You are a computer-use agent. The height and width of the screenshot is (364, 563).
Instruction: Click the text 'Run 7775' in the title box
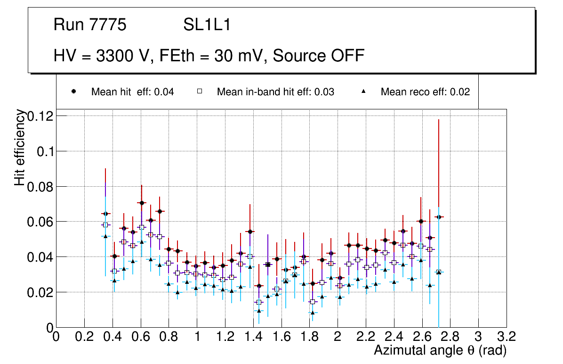point(90,25)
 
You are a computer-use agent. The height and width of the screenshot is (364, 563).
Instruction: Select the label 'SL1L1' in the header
point(207,25)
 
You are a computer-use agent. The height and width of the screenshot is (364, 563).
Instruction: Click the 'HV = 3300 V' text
point(103,56)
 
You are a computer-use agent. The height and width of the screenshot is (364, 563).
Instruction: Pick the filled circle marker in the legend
point(73,92)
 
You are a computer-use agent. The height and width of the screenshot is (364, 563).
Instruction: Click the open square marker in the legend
point(199,92)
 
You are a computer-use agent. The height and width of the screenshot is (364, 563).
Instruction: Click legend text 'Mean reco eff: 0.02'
point(425,92)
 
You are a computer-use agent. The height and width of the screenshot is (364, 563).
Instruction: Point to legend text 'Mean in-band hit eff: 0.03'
point(275,92)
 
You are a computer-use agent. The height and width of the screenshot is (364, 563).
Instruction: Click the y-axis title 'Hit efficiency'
point(20,147)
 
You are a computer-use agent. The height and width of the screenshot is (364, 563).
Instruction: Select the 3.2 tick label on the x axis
point(507,337)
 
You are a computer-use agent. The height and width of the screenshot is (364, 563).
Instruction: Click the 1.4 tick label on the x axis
point(254,337)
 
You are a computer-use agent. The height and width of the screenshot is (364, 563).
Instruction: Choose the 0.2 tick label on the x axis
point(84,337)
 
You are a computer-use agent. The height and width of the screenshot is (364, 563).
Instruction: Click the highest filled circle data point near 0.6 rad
point(141,203)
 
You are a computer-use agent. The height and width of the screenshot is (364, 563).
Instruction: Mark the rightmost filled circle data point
point(439,217)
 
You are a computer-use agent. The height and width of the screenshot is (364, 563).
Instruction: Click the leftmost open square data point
point(105,225)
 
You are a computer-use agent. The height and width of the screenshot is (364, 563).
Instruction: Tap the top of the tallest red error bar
point(439,120)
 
